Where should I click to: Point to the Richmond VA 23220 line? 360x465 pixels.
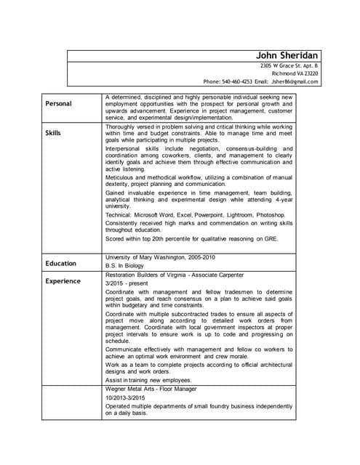(x=295, y=73)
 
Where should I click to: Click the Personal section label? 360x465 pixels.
(x=59, y=104)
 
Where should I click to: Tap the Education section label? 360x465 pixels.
(x=61, y=264)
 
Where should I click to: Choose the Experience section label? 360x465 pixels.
(x=63, y=281)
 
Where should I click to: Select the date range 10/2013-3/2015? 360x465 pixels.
(x=126, y=398)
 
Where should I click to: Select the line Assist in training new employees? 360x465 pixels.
(x=148, y=380)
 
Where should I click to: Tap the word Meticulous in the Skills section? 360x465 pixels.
(x=121, y=177)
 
